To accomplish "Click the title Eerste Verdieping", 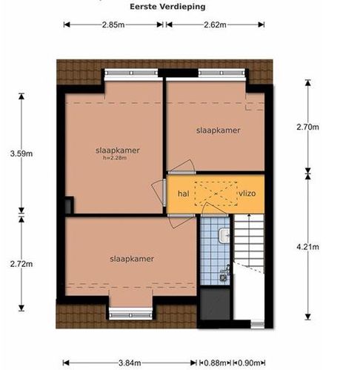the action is (167, 7).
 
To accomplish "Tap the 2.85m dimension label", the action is (113, 24).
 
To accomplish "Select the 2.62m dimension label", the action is (215, 24).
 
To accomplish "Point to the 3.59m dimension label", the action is (21, 153).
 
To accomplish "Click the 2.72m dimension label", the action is (21, 264).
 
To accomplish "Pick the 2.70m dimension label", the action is (307, 127).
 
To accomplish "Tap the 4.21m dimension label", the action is (307, 247).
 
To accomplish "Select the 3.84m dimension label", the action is (130, 363).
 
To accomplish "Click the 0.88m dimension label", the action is (215, 363).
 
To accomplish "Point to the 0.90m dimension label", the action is (249, 363).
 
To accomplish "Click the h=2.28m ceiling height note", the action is (115, 158).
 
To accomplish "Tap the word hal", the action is (184, 194).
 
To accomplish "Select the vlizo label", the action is (247, 194).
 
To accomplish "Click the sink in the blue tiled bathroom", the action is (224, 235).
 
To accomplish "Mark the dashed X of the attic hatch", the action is (216, 194).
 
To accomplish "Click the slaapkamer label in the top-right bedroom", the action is (219, 131).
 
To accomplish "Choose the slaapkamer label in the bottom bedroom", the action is (132, 259).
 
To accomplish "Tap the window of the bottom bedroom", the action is (131, 314).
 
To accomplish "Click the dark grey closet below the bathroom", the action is (215, 303).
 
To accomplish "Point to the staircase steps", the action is (249, 241).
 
